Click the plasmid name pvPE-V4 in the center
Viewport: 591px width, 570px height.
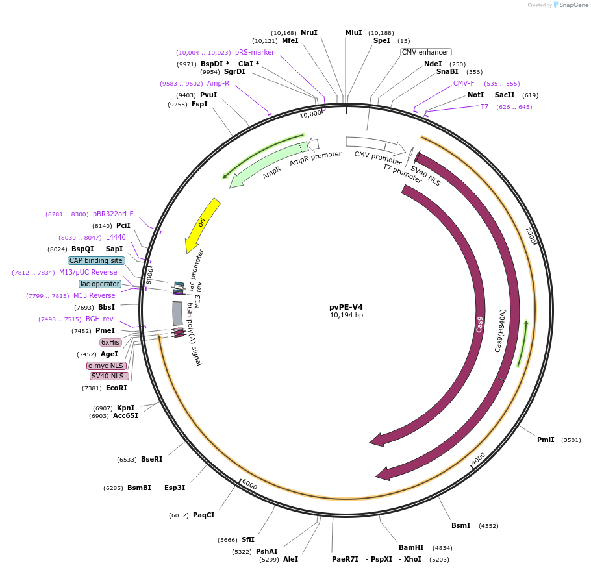[x=346, y=307]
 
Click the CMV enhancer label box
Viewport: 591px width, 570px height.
[x=425, y=52]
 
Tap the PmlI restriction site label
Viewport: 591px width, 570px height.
[x=546, y=440]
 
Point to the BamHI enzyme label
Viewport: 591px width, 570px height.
[x=411, y=547]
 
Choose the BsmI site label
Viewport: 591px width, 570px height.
[x=460, y=525]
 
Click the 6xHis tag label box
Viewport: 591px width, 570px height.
[x=110, y=342]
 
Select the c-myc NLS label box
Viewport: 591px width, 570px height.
[x=107, y=366]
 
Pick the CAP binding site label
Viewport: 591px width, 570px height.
[x=96, y=260]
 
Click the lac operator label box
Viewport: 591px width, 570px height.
[x=100, y=284]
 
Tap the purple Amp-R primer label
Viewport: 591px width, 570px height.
[x=218, y=83]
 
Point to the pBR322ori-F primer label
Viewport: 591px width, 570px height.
[x=113, y=214]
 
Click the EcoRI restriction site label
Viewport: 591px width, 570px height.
[x=116, y=388]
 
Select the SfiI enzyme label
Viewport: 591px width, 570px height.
[x=247, y=539]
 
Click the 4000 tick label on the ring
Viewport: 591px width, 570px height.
[x=478, y=459]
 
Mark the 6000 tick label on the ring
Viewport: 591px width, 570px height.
[x=249, y=485]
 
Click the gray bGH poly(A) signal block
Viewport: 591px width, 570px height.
[x=177, y=313]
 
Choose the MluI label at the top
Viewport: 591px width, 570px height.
[x=353, y=32]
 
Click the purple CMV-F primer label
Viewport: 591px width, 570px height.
[x=464, y=83]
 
